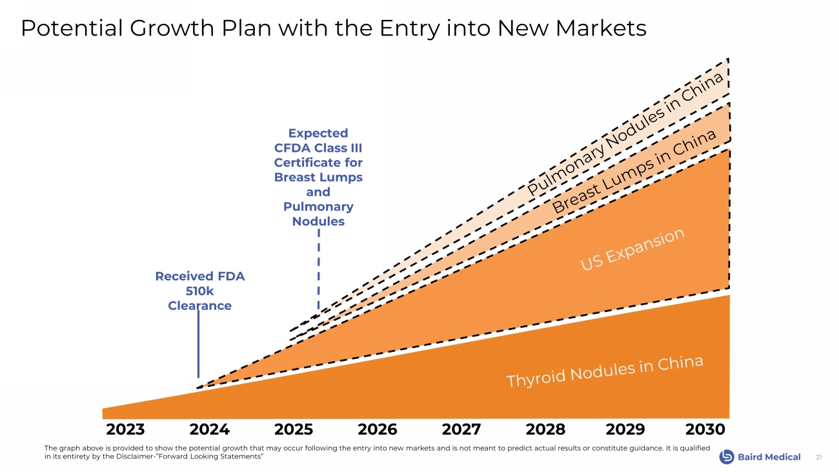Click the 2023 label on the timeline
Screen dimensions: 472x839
[125, 429]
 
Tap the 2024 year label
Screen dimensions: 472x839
[209, 429]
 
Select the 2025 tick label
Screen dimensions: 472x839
[294, 429]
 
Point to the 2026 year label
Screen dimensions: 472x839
[378, 429]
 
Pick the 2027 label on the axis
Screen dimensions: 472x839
[461, 429]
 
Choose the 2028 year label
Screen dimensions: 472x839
[545, 429]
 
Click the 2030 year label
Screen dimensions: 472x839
[705, 429]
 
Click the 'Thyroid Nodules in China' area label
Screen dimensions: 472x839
[604, 372]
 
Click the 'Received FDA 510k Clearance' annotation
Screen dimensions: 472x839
[199, 291]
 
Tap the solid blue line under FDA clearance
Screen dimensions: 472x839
[198, 342]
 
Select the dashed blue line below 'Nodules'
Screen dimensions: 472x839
[319, 271]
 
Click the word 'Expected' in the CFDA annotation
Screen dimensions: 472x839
[318, 133]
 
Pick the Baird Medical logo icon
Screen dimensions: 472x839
[727, 457]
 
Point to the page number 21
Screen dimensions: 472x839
[819, 457]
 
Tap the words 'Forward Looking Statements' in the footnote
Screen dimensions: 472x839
[212, 457]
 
